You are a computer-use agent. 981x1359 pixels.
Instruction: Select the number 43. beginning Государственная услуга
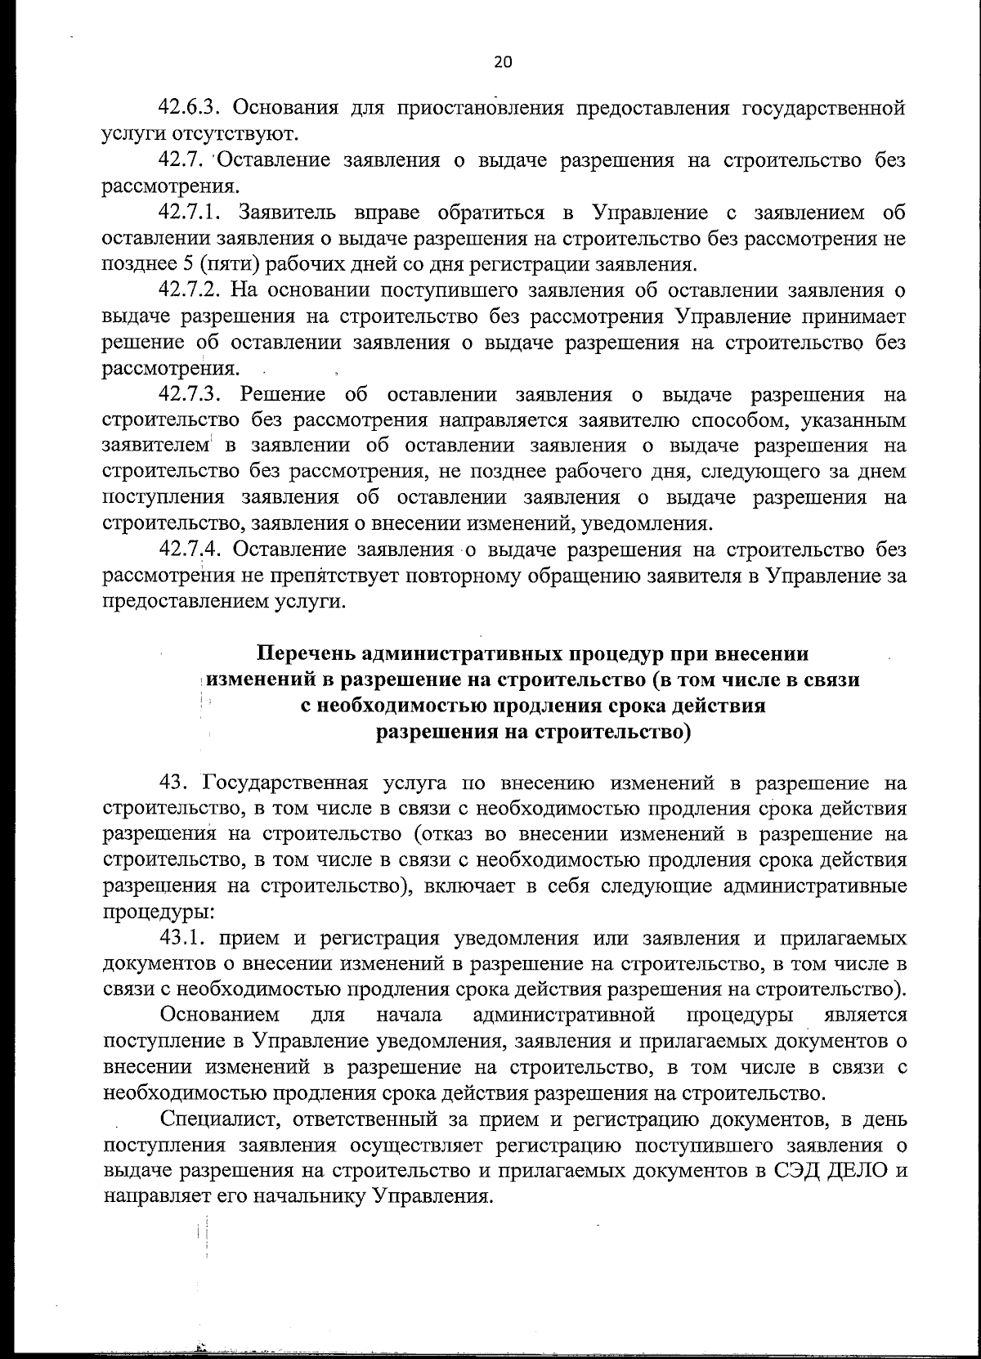pyautogui.click(x=176, y=784)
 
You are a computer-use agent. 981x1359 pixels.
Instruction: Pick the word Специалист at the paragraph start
pyautogui.click(x=217, y=1119)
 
